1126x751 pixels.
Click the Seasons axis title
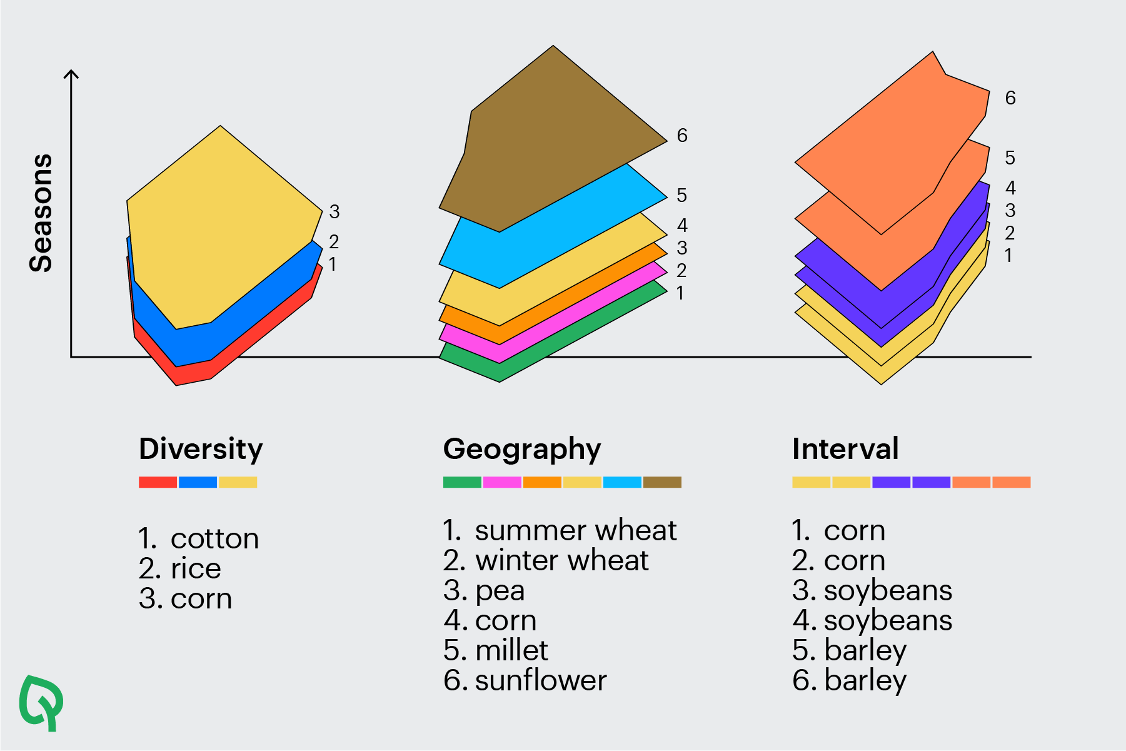coord(41,213)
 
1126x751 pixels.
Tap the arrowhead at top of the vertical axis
coord(72,74)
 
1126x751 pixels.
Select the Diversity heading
coord(201,449)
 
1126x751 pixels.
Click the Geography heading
coord(522,449)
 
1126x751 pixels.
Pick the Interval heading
coord(845,449)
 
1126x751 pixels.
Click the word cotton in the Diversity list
coord(214,539)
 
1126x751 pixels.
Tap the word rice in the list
coord(196,569)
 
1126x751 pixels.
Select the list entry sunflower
coord(541,680)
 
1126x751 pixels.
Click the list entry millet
coord(511,650)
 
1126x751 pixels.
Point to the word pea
coord(500,591)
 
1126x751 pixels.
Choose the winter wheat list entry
coord(561,561)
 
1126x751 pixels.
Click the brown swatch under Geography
coord(662,482)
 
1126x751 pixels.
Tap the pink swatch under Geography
coord(502,482)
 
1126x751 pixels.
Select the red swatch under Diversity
coord(158,482)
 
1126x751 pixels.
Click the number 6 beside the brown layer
coord(682,136)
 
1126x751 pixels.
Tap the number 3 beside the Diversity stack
coord(334,212)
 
